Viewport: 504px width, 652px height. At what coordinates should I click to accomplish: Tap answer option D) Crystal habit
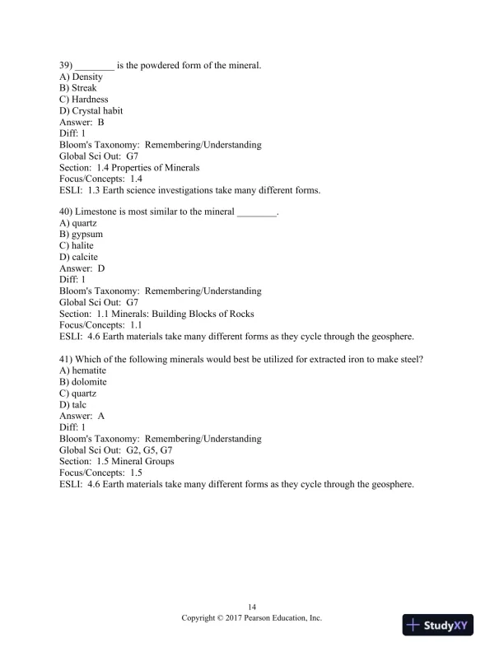94,110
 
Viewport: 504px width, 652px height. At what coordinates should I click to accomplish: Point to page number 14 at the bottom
252,606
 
